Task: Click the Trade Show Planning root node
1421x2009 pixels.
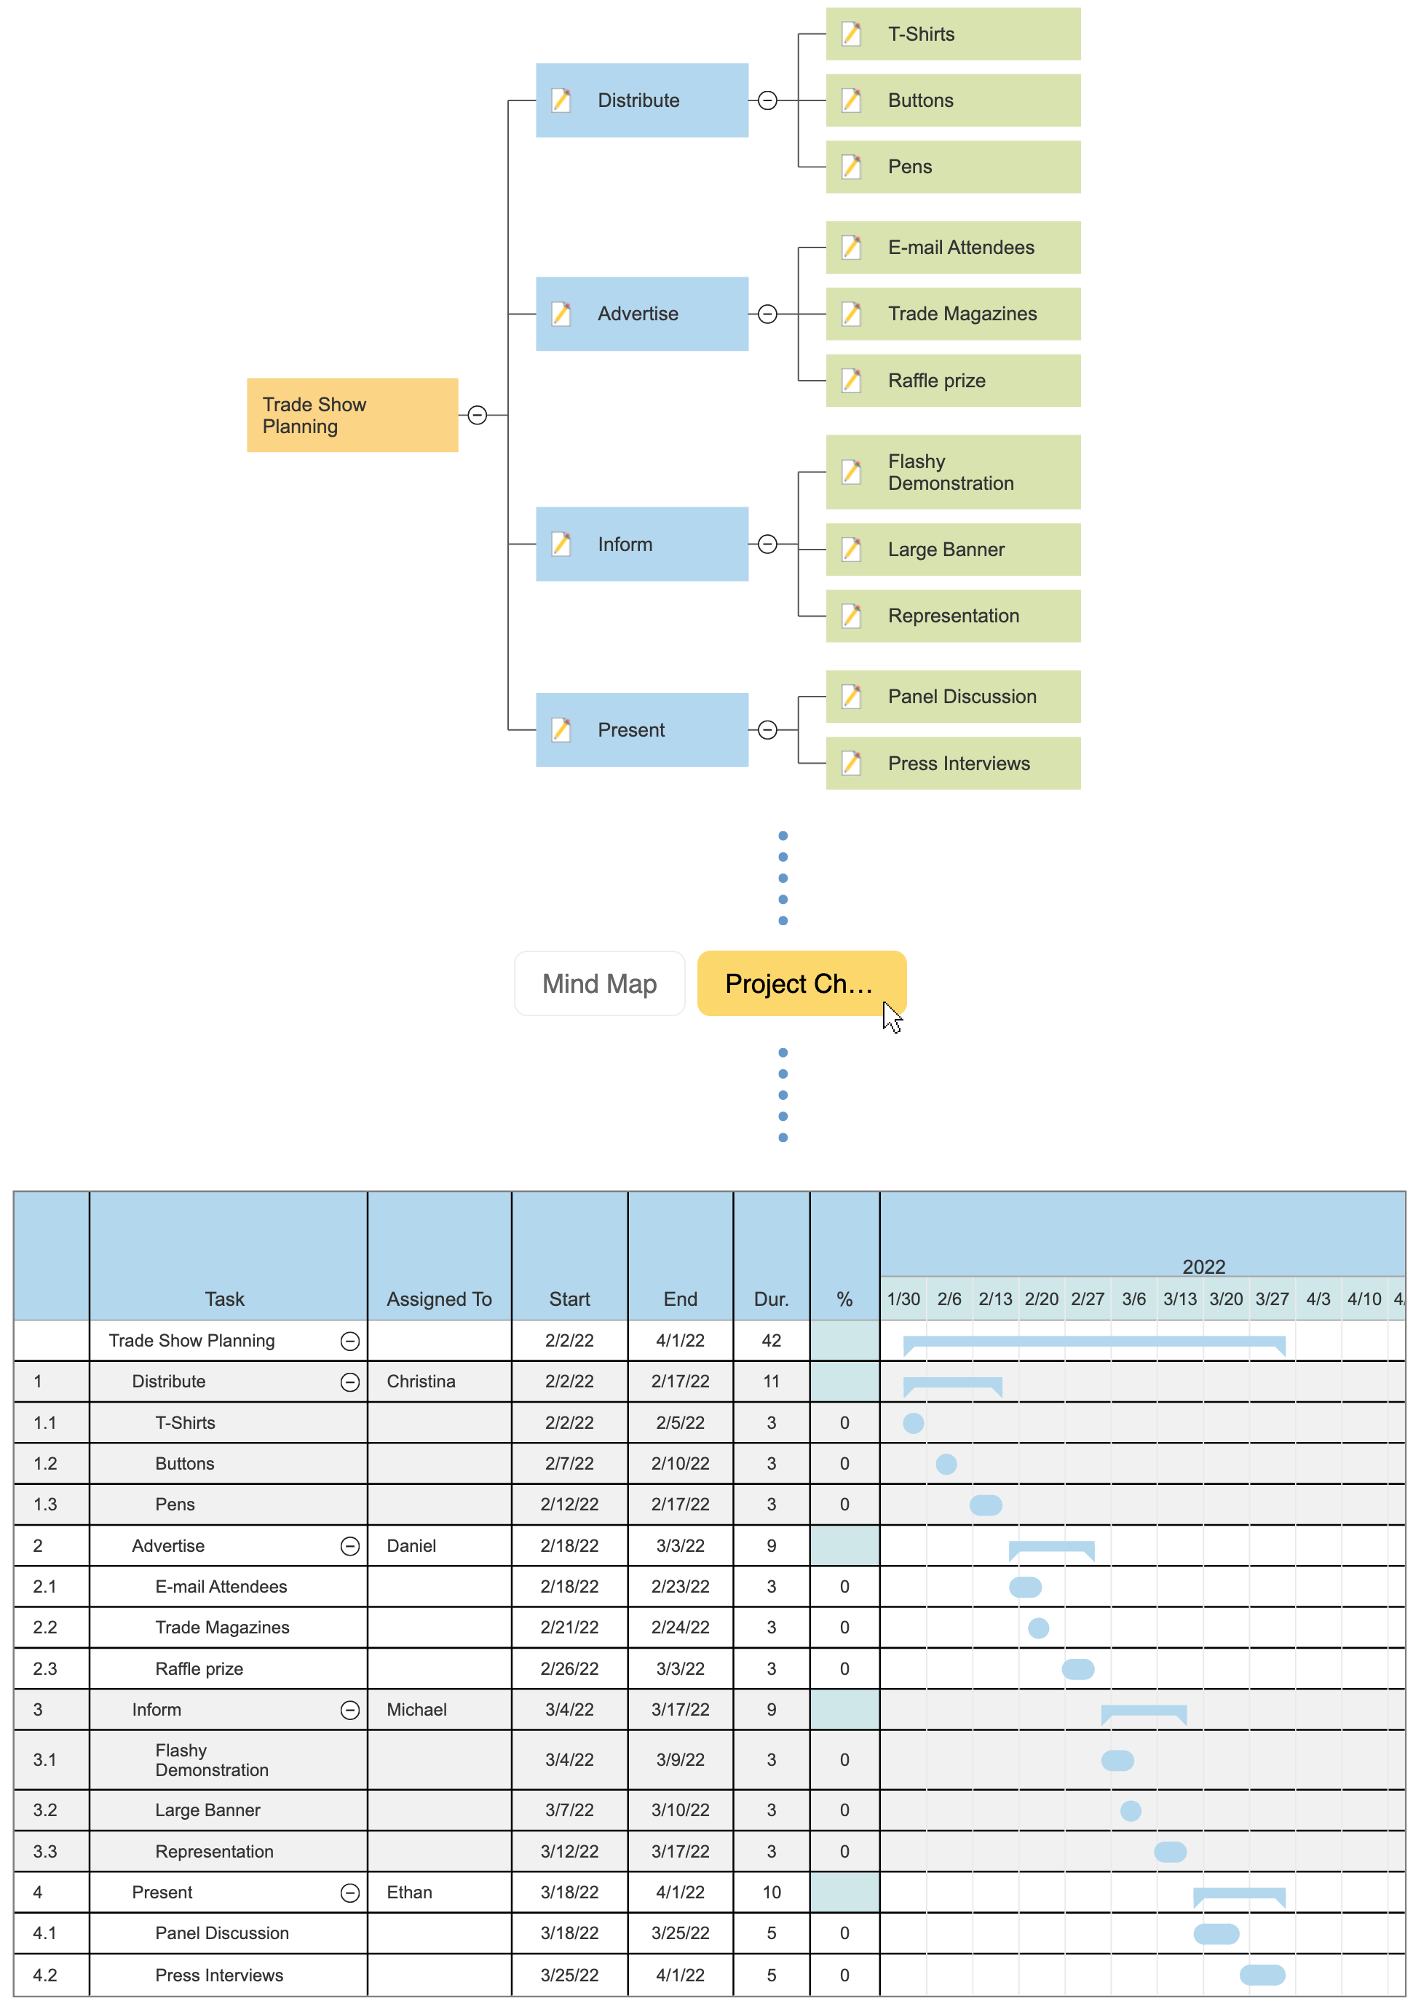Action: (352, 415)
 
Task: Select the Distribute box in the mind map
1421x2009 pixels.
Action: (641, 100)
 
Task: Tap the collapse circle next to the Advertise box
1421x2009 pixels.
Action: (767, 314)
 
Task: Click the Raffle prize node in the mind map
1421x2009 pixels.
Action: (952, 381)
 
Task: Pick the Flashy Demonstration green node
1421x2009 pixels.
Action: (952, 472)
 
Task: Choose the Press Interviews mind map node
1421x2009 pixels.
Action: (952, 763)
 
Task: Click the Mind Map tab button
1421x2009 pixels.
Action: (599, 983)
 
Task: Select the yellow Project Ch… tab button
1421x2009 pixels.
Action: (800, 983)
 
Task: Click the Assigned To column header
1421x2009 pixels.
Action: (438, 1299)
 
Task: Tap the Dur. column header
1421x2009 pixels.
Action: (771, 1299)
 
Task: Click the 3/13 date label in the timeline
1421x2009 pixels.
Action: (1179, 1299)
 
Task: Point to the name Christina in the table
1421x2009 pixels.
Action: (421, 1381)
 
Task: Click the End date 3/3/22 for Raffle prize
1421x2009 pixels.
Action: (680, 1668)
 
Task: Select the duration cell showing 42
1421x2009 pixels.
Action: (771, 1341)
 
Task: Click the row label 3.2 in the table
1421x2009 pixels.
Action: (44, 1810)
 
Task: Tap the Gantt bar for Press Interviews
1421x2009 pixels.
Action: (1262, 1975)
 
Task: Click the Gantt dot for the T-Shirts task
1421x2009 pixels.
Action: (913, 1423)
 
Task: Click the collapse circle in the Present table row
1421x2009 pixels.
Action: (349, 1893)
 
